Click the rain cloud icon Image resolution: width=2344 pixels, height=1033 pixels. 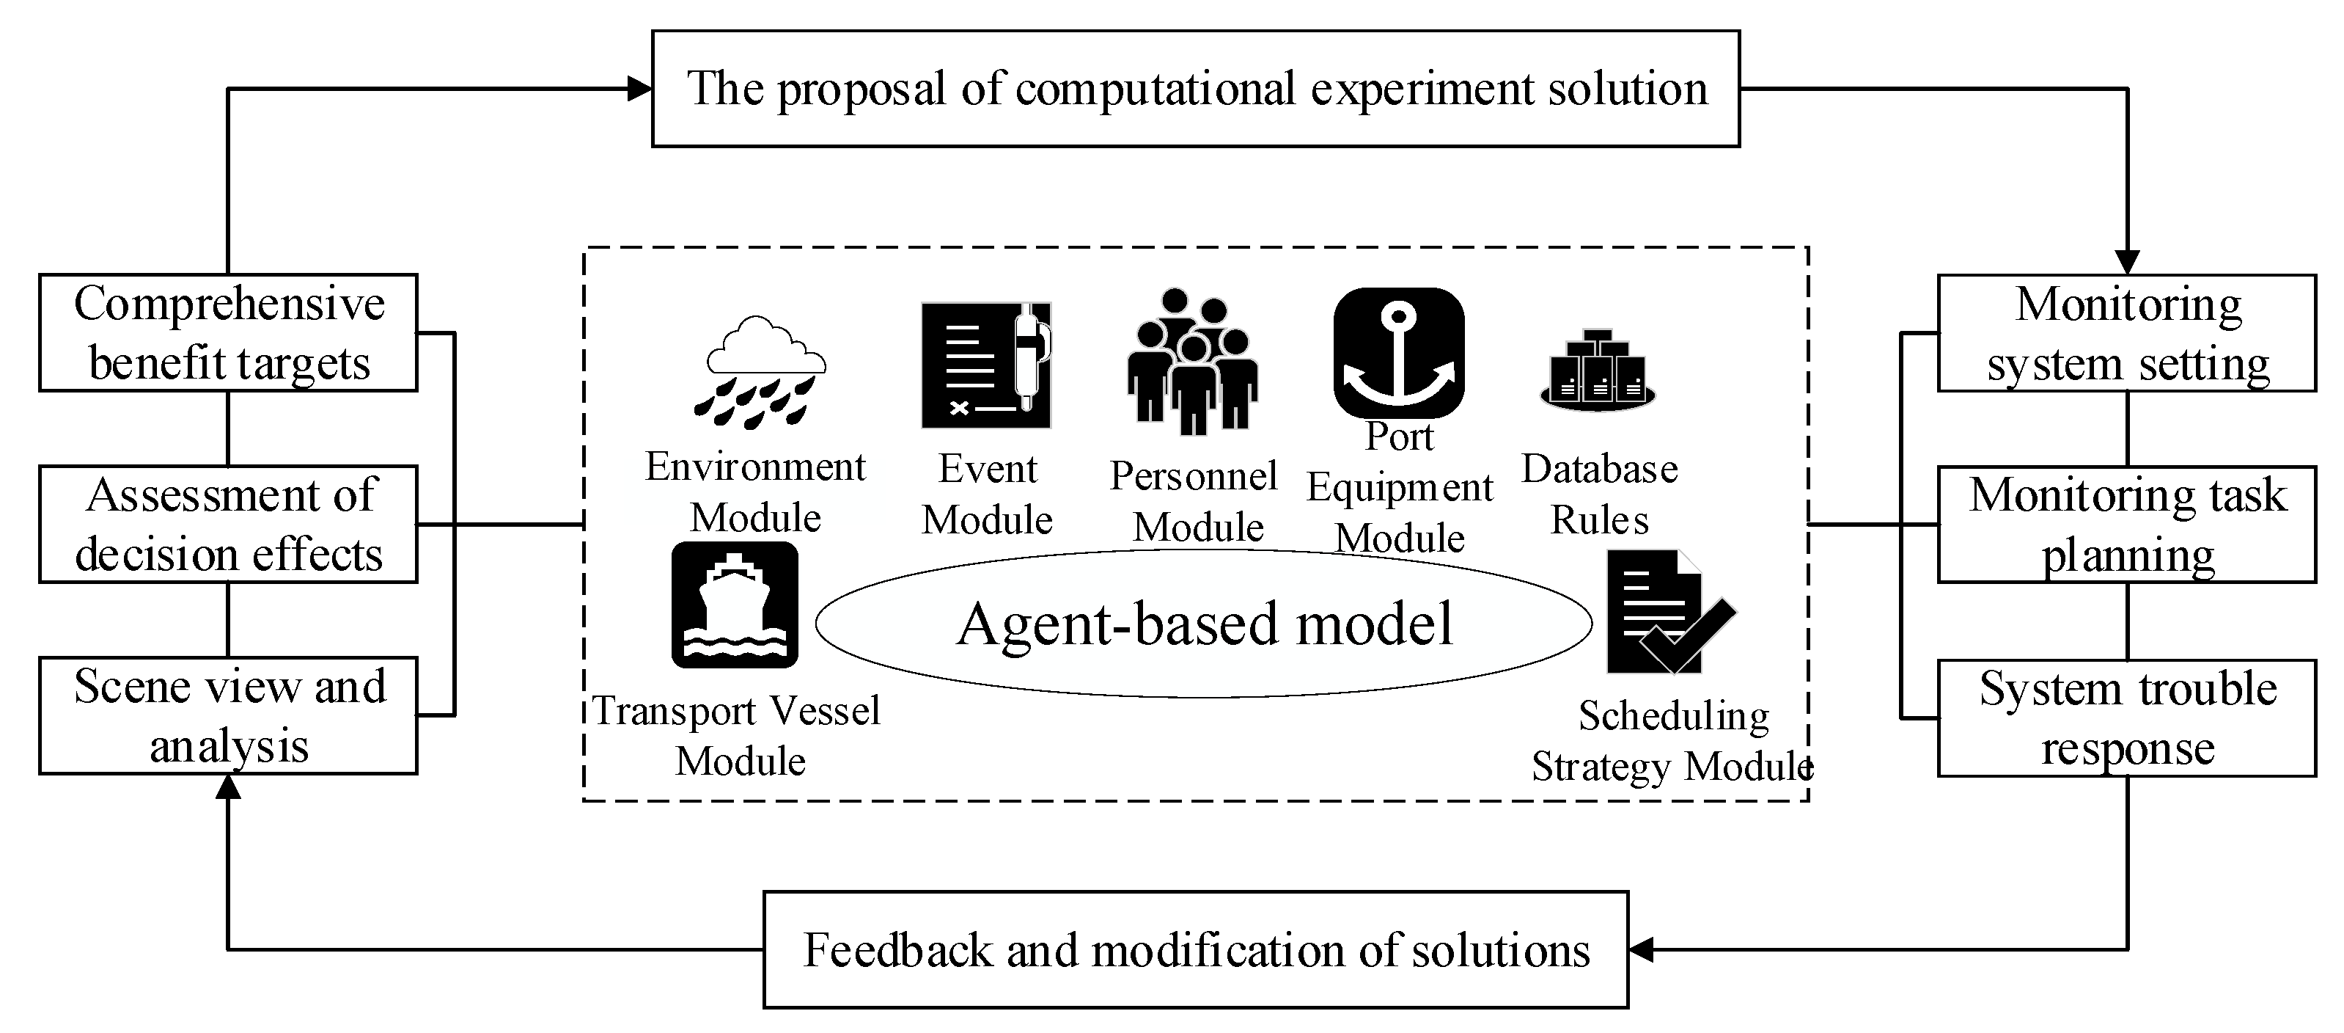[x=760, y=371]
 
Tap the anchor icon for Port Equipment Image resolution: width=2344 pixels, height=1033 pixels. [x=1399, y=353]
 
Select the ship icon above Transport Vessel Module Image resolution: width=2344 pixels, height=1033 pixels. [x=735, y=605]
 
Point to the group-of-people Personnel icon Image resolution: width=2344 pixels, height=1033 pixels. [x=1192, y=362]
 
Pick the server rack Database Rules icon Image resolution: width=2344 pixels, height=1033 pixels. [x=1598, y=371]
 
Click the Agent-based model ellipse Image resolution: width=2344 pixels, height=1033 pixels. [x=1203, y=624]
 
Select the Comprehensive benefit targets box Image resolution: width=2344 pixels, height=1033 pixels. [x=229, y=333]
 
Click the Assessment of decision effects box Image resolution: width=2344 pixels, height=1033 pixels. [x=229, y=525]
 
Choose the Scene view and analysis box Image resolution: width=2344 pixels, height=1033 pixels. [x=229, y=716]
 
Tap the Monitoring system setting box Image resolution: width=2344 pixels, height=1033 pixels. [x=2126, y=333]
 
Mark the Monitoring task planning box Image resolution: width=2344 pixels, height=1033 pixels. [x=2126, y=525]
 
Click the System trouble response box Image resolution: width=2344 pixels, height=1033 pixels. [x=2126, y=718]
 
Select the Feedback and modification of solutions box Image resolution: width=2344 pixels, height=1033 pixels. [x=1196, y=950]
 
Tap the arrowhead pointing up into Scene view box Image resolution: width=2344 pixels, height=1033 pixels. [x=229, y=788]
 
